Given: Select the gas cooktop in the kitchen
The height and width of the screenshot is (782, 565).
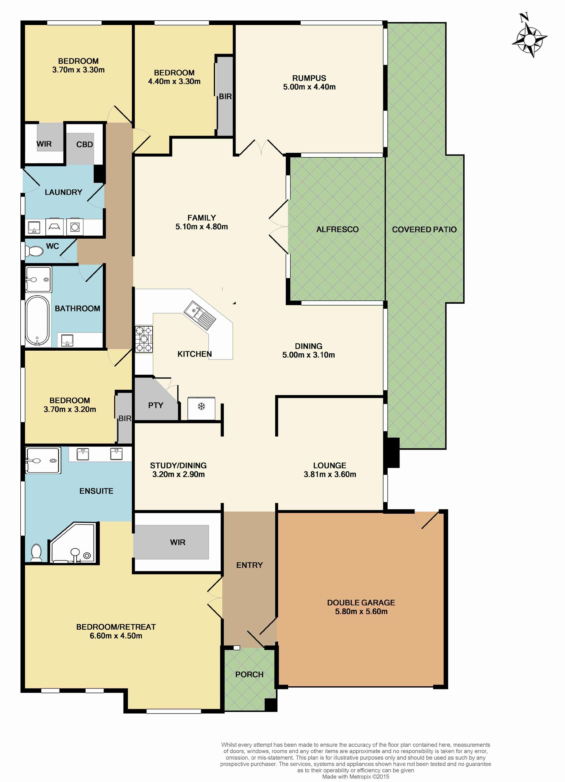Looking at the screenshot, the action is (x=144, y=339).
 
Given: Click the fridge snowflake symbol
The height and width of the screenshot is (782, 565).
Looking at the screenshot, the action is (x=201, y=407).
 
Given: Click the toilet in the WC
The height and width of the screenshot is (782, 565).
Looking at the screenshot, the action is (x=34, y=251).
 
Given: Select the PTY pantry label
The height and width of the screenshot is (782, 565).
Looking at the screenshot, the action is (x=155, y=405).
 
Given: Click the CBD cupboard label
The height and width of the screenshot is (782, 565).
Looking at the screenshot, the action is (x=84, y=145).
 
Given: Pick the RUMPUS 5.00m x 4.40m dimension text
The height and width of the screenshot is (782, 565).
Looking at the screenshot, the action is (x=309, y=87).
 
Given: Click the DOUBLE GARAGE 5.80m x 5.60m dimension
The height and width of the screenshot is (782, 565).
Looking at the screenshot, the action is (x=361, y=611).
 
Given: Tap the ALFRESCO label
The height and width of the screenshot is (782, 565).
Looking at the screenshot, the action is (x=337, y=229).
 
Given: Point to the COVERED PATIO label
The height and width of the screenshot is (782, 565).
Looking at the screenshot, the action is (x=424, y=229).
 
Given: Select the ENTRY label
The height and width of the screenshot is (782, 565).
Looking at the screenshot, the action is (x=249, y=565).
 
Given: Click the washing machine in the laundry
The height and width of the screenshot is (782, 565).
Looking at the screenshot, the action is (x=74, y=226).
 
